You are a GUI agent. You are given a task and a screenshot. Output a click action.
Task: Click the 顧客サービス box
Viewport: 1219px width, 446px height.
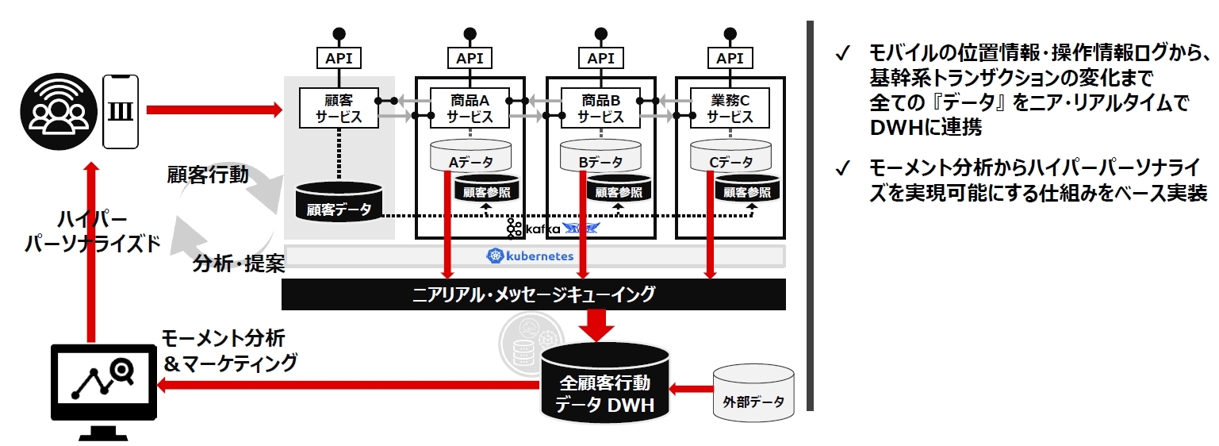[339, 107]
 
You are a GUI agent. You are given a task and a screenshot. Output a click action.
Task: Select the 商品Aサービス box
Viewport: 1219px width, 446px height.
[470, 107]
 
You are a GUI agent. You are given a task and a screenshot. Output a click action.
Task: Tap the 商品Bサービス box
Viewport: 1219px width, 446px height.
[600, 107]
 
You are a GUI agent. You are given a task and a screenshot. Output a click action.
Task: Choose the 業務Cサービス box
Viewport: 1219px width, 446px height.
[730, 107]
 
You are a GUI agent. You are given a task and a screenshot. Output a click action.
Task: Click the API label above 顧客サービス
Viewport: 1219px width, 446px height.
[339, 58]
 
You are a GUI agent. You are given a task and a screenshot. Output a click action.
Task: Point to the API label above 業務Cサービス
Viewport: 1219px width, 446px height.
[730, 58]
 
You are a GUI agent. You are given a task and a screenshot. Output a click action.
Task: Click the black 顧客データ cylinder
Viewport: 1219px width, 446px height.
[339, 203]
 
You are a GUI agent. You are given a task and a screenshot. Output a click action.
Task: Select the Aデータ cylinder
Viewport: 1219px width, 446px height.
[470, 156]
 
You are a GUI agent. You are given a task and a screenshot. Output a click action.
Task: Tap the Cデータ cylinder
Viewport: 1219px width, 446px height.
[730, 156]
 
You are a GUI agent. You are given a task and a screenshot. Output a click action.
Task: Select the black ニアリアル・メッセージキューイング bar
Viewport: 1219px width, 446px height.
[534, 294]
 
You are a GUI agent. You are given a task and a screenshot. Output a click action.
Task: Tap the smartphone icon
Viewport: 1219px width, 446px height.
[121, 111]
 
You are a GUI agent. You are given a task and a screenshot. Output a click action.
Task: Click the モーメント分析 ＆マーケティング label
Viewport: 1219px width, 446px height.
[229, 350]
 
